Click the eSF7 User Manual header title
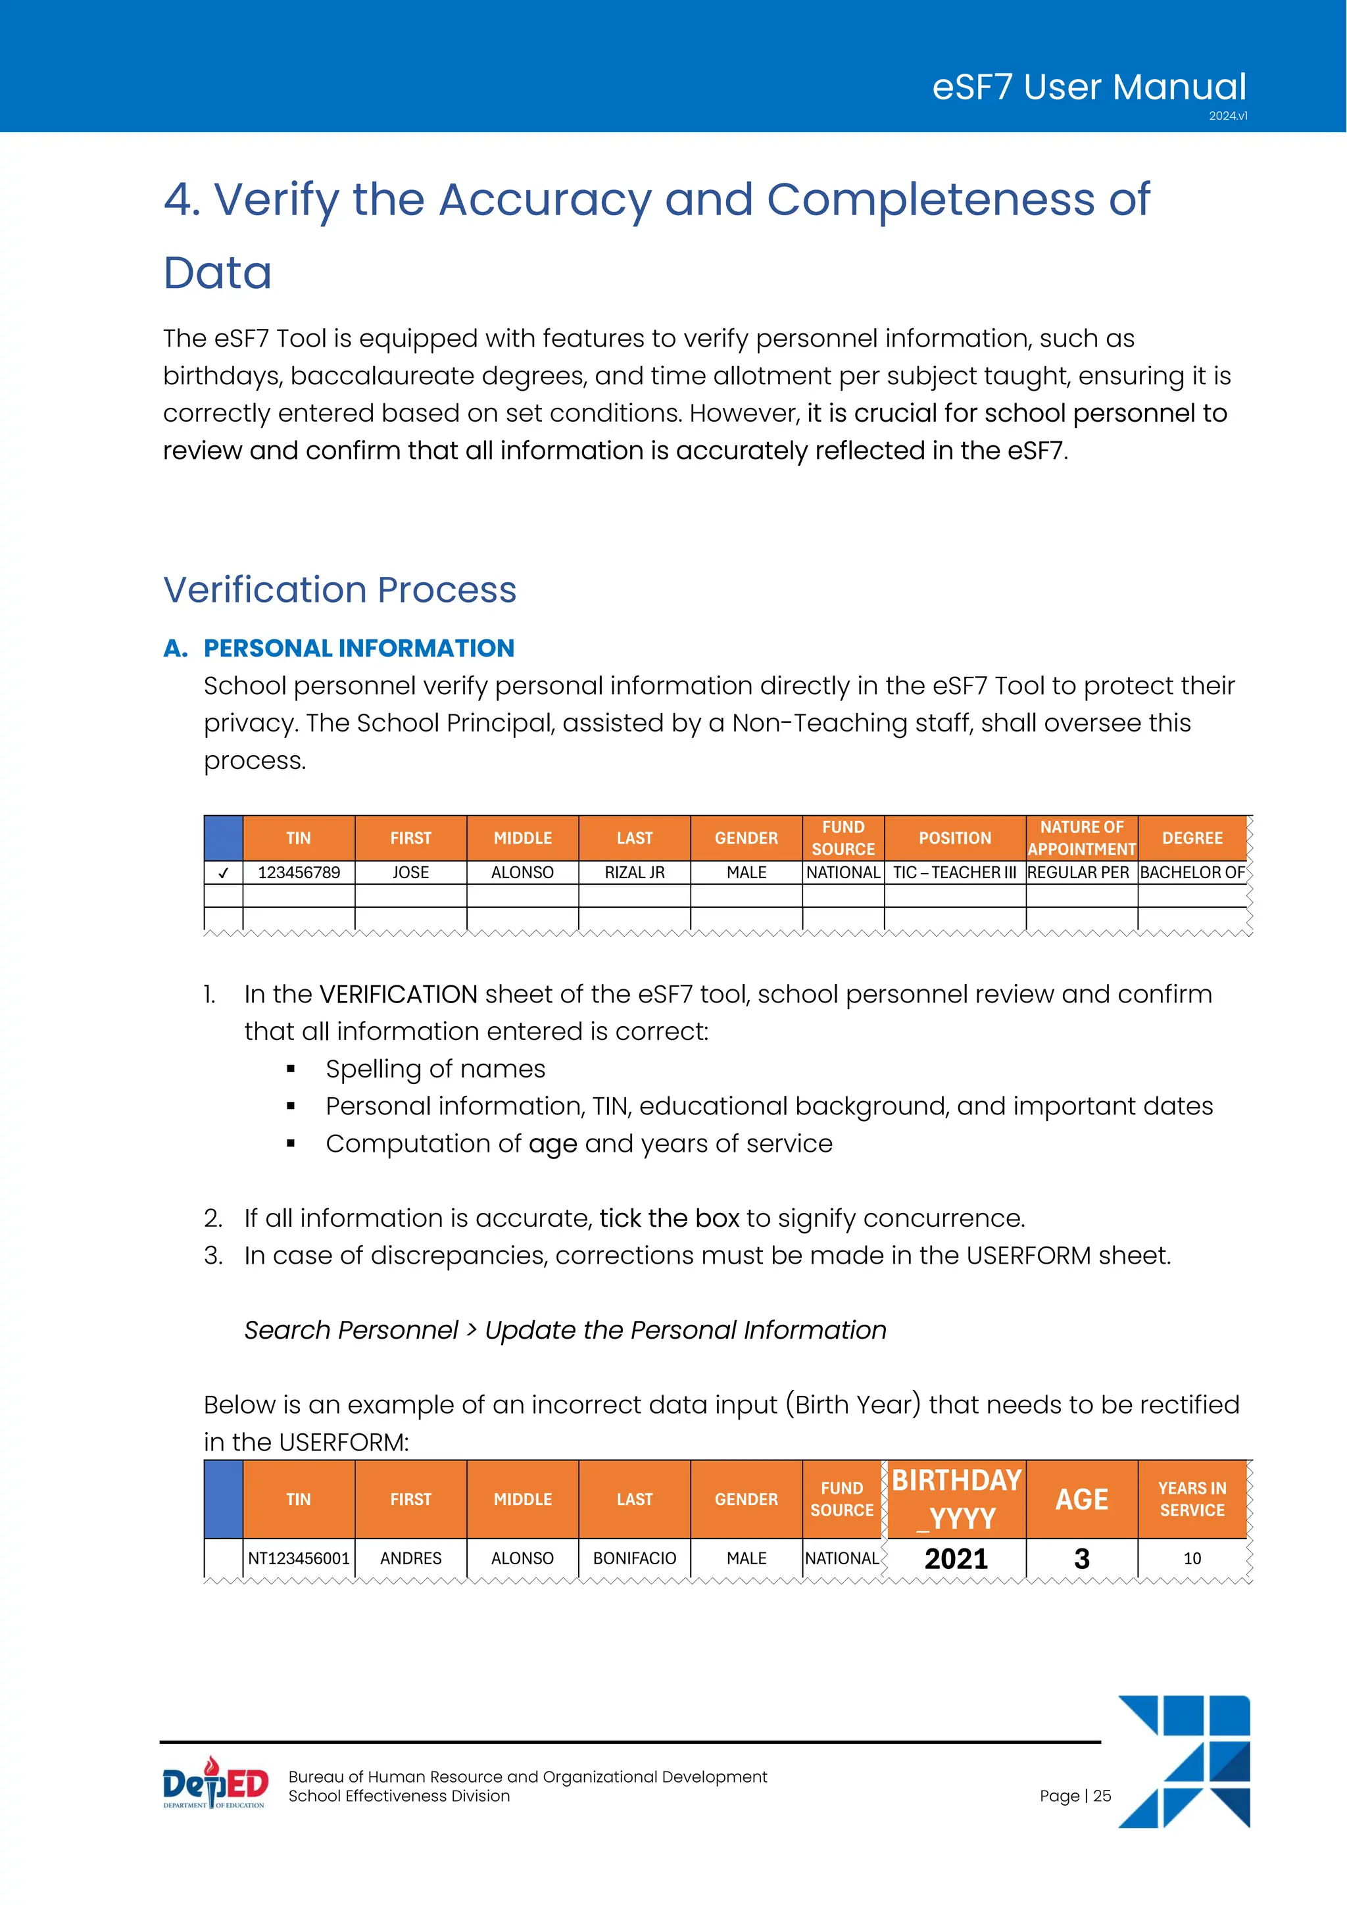pyautogui.click(x=1089, y=87)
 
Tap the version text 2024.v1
pyautogui.click(x=1227, y=116)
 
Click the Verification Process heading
pyautogui.click(x=339, y=590)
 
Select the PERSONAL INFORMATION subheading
pyautogui.click(x=358, y=648)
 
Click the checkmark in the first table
pyautogui.click(x=222, y=873)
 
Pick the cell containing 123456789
pyautogui.click(x=299, y=873)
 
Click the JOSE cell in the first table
pyautogui.click(x=410, y=873)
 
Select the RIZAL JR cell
pyautogui.click(x=635, y=873)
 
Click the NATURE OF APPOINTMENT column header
pyautogui.click(x=1081, y=838)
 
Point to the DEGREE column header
pyautogui.click(x=1192, y=838)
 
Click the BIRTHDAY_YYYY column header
pyautogui.click(x=956, y=1499)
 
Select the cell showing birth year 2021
pyautogui.click(x=956, y=1558)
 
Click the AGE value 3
pyautogui.click(x=1081, y=1558)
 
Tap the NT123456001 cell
pyautogui.click(x=299, y=1558)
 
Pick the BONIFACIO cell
pyautogui.click(x=635, y=1558)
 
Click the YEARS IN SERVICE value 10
pyautogui.click(x=1192, y=1558)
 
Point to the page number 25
pyautogui.click(x=1102, y=1796)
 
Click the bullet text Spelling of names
pyautogui.click(x=435, y=1069)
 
